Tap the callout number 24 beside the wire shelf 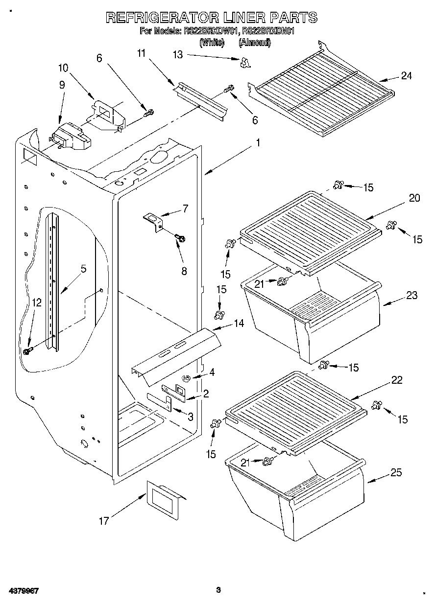(x=406, y=76)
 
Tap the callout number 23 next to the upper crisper (x=411, y=295)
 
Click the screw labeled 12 (x=28, y=350)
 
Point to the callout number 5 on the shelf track (x=83, y=269)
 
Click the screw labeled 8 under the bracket (x=180, y=238)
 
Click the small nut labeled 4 (x=187, y=378)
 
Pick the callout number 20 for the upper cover (x=414, y=198)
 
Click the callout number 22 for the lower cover (x=397, y=380)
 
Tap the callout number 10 (x=64, y=68)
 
